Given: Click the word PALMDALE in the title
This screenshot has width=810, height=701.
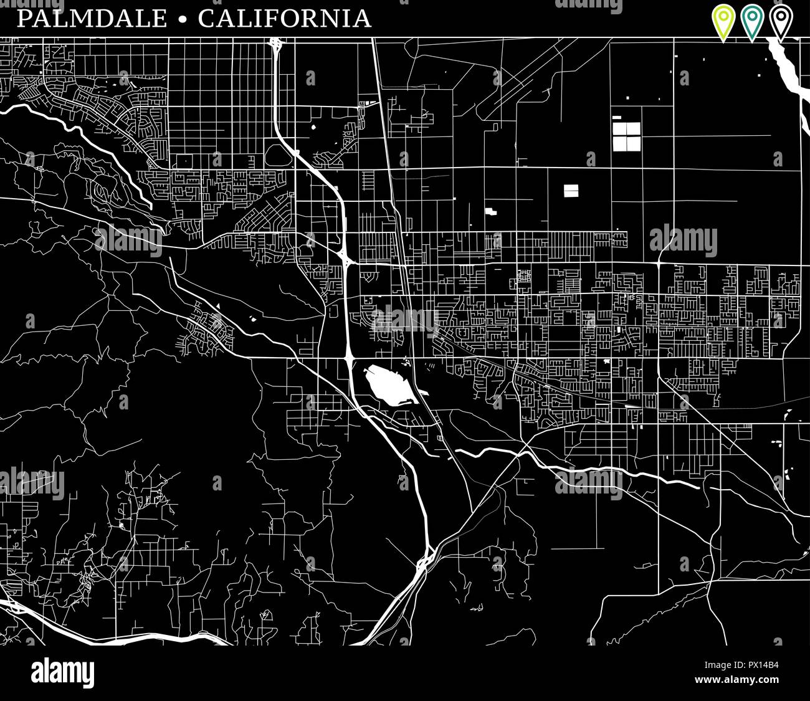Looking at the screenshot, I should (x=92, y=19).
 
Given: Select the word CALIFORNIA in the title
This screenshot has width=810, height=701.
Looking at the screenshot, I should (x=285, y=19).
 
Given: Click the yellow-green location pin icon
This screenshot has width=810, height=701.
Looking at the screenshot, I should (x=723, y=20).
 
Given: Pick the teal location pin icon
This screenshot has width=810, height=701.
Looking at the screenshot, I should (x=752, y=20).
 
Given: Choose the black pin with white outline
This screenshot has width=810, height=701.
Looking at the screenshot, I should (x=781, y=20).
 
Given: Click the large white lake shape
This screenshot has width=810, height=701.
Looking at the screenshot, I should (x=388, y=384).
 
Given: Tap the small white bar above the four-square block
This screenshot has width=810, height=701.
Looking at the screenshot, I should (x=617, y=116).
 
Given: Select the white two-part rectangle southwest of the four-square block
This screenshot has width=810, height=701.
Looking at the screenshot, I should (x=571, y=191).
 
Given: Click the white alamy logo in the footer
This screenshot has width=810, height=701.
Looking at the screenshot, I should (x=62, y=673).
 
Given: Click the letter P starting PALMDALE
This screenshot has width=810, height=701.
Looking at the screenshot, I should (x=24, y=19).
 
